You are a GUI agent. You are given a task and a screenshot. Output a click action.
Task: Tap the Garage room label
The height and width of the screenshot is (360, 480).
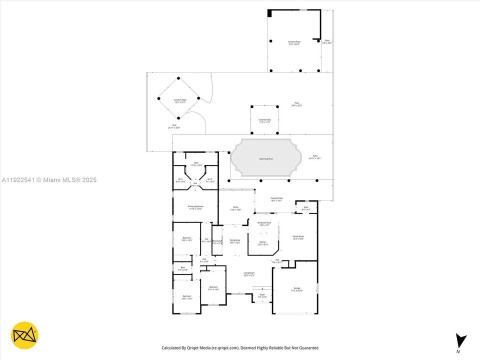297,289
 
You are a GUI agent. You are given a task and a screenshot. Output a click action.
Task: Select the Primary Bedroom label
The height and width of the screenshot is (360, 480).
195,208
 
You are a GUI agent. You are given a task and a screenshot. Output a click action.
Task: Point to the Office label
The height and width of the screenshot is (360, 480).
235,208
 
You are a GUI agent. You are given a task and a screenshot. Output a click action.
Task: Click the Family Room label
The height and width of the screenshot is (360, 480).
298,237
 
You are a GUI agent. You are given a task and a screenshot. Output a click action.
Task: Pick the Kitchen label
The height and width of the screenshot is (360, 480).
262,243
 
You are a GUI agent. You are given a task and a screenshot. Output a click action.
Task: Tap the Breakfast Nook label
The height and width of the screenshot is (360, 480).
264,224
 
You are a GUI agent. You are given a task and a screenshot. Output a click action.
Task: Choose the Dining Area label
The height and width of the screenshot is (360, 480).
234,241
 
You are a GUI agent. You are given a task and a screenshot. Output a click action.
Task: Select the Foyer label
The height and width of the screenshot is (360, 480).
262,296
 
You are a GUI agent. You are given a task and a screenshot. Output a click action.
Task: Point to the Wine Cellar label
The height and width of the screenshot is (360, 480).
217,242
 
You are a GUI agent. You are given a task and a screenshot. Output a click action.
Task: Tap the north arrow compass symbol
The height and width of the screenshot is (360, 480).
461,341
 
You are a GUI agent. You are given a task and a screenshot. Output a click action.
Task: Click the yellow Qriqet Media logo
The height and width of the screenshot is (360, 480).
24,335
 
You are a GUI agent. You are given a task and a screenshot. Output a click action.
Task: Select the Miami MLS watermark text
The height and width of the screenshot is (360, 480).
49,180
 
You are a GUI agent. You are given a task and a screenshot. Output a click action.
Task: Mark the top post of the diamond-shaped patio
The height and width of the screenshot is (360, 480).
178,78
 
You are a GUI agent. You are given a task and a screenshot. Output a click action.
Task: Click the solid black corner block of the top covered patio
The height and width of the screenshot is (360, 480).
269,13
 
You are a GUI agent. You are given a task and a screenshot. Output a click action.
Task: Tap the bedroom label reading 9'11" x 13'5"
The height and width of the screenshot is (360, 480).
213,288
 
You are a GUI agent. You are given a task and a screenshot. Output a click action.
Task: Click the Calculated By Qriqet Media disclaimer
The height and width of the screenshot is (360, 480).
239,347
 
